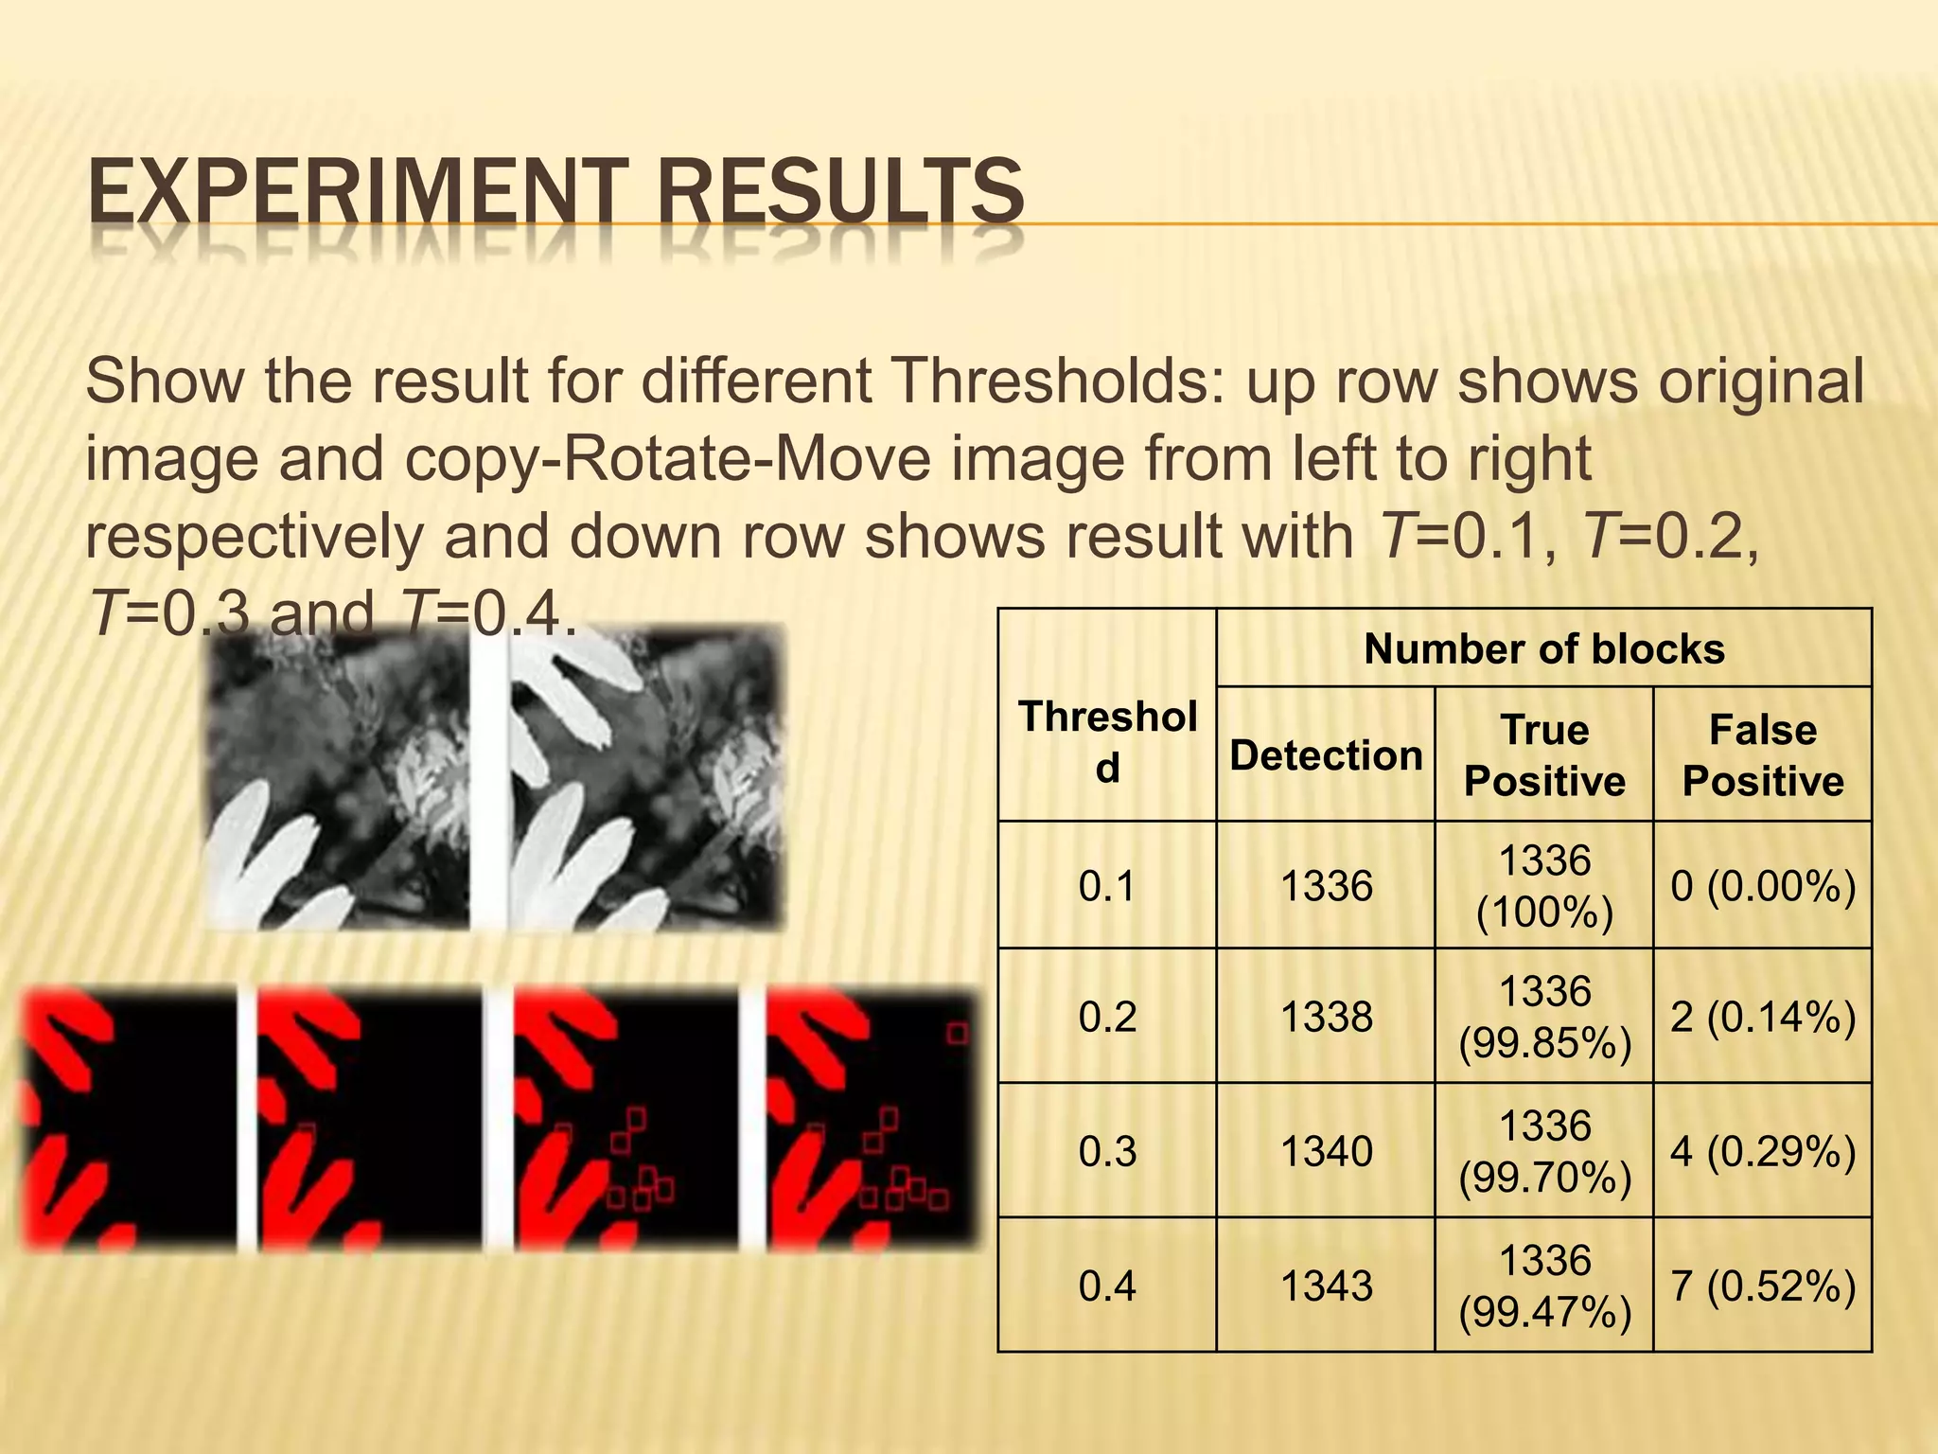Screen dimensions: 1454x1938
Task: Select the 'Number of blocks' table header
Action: click(x=1543, y=649)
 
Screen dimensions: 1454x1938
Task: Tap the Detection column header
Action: click(x=1326, y=755)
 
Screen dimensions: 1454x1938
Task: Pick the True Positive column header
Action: click(x=1543, y=755)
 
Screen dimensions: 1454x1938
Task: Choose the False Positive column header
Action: click(x=1762, y=755)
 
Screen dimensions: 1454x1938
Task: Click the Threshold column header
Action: click(x=1107, y=742)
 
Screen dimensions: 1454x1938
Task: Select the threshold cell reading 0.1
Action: click(x=1107, y=886)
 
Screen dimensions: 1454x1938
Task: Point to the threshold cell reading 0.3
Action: click(x=1107, y=1151)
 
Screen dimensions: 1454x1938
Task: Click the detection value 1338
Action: click(x=1326, y=1017)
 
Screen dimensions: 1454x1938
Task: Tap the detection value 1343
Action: click(x=1326, y=1286)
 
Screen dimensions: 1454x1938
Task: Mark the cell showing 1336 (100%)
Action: click(x=1543, y=886)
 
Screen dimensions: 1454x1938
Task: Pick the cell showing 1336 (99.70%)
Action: click(x=1543, y=1151)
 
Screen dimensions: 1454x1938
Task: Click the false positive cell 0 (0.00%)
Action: click(x=1762, y=886)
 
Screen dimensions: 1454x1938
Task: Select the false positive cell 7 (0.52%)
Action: click(x=1762, y=1286)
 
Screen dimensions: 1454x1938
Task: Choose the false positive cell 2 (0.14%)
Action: click(x=1762, y=1017)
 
